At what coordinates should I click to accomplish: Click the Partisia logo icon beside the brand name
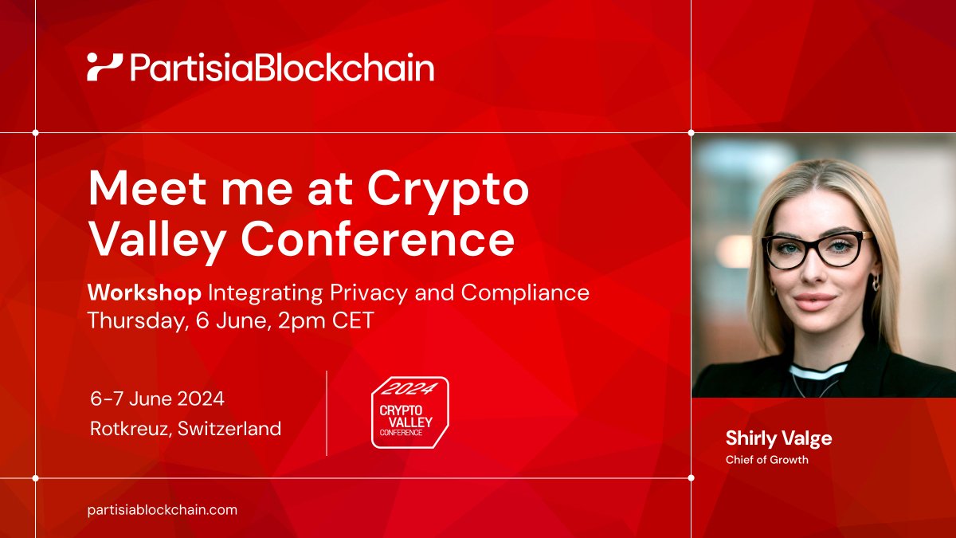click(x=104, y=67)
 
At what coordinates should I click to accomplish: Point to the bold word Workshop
click(x=144, y=293)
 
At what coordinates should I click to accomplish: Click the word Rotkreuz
click(x=129, y=429)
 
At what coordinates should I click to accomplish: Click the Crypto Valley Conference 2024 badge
click(x=409, y=412)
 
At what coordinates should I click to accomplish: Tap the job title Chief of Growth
click(x=766, y=460)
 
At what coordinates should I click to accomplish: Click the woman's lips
click(x=813, y=301)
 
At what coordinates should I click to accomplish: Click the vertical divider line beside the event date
click(x=327, y=413)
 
